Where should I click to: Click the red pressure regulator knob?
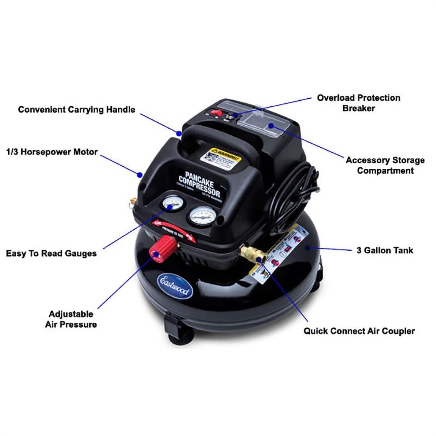click(163, 248)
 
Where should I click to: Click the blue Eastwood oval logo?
click(175, 286)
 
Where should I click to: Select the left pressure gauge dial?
click(172, 204)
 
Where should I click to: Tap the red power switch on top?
click(217, 112)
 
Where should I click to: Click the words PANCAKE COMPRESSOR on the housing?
click(199, 184)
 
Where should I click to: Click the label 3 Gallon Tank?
click(384, 250)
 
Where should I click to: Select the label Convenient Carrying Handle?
click(77, 110)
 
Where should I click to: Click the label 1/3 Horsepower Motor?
click(52, 152)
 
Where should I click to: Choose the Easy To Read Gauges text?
click(51, 253)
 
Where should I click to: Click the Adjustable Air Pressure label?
click(71, 319)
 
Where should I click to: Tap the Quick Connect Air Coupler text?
click(359, 331)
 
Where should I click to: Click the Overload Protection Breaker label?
click(358, 103)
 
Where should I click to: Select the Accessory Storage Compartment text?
click(385, 165)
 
